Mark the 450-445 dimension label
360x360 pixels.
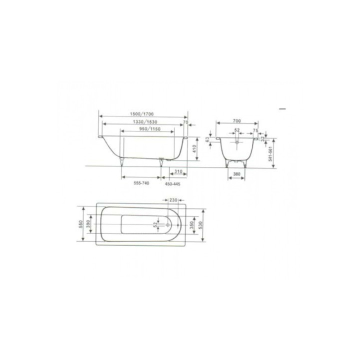tap(172, 184)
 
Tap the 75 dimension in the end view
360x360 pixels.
tap(255, 130)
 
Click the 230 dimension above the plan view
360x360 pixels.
tap(173, 199)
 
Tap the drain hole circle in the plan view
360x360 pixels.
tap(160, 224)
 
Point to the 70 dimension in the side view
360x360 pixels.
tap(185, 121)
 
